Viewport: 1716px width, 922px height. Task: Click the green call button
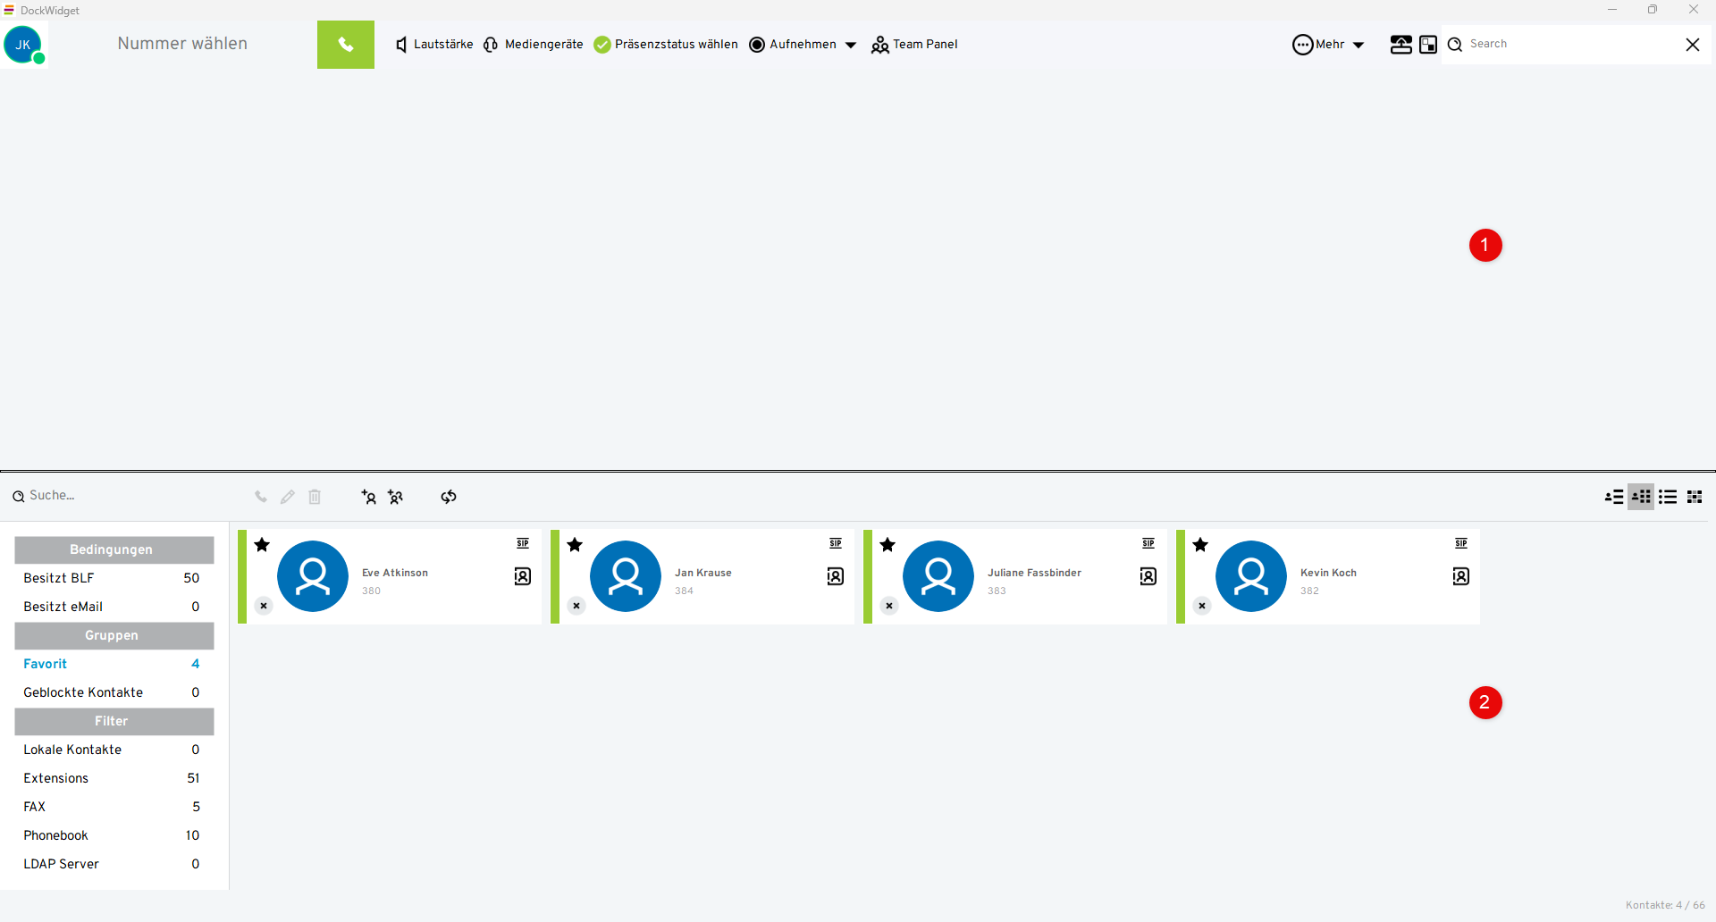click(x=345, y=45)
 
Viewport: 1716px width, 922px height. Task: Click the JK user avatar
click(x=23, y=45)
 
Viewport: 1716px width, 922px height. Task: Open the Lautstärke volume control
click(x=434, y=45)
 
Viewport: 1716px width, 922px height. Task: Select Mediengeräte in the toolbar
click(x=534, y=45)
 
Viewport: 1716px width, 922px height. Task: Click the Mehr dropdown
click(x=1328, y=45)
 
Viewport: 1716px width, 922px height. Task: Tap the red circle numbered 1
click(x=1485, y=246)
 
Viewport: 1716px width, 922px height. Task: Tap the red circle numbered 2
click(x=1485, y=703)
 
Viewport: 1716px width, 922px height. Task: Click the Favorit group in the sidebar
click(x=46, y=664)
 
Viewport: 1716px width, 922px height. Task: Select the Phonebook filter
click(x=56, y=835)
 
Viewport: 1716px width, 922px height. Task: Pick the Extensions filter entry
click(x=56, y=778)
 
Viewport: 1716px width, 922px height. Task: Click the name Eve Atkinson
click(x=395, y=573)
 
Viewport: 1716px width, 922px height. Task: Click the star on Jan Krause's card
click(x=575, y=545)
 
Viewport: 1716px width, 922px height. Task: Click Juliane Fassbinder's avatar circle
click(x=938, y=576)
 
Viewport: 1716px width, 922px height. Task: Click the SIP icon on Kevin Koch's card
click(x=1461, y=543)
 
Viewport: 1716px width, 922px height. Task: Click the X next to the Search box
click(x=1693, y=45)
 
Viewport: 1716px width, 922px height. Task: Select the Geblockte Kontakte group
click(x=83, y=692)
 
